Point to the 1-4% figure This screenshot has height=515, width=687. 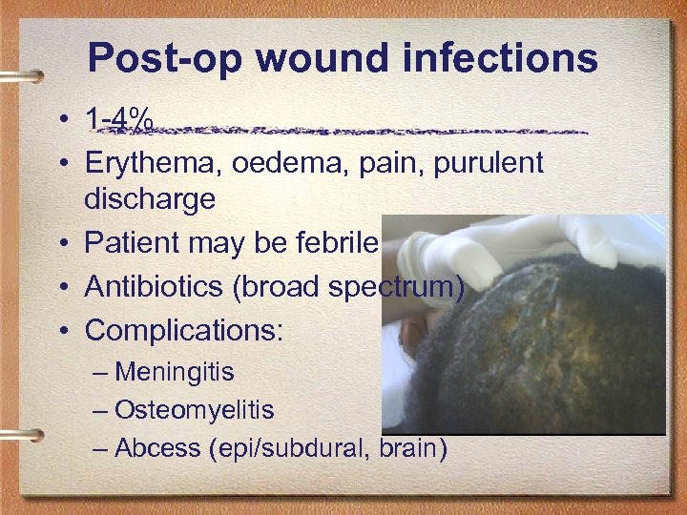pos(119,121)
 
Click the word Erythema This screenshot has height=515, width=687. pos(146,163)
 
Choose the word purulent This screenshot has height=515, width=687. pos(486,163)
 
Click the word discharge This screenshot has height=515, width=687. pos(150,200)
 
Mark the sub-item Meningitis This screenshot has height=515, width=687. pos(174,371)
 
